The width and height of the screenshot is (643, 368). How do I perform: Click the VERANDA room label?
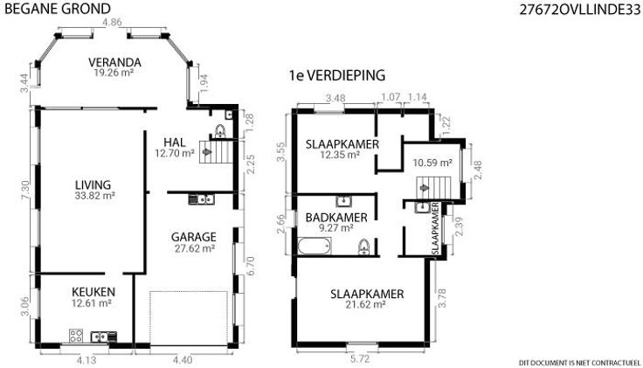pyautogui.click(x=114, y=62)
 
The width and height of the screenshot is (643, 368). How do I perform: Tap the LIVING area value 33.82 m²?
pyautogui.click(x=94, y=196)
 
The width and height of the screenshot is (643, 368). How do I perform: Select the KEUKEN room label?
pyautogui.click(x=93, y=292)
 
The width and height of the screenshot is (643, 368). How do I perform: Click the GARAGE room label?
pyautogui.click(x=194, y=237)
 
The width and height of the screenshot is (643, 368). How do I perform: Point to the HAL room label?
pyautogui.click(x=174, y=142)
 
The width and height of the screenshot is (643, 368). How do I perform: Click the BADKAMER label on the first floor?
pyautogui.click(x=336, y=218)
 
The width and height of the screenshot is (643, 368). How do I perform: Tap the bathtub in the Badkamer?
pyautogui.click(x=315, y=246)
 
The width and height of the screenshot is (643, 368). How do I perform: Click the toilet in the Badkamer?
pyautogui.click(x=363, y=247)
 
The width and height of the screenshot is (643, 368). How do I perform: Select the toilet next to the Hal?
pyautogui.click(x=220, y=131)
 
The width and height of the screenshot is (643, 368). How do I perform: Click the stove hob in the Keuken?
pyautogui.click(x=76, y=336)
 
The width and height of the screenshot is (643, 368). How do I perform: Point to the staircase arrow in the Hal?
pyautogui.click(x=207, y=152)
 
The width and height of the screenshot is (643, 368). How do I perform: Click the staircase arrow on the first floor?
pyautogui.click(x=425, y=188)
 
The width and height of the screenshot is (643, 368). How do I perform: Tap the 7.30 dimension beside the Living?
pyautogui.click(x=25, y=191)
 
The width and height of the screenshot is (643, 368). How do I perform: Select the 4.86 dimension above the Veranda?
pyautogui.click(x=112, y=22)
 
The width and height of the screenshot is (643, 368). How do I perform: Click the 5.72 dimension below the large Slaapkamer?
pyautogui.click(x=360, y=359)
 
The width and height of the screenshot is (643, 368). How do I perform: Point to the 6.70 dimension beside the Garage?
pyautogui.click(x=250, y=266)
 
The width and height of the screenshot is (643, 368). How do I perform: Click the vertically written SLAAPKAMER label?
pyautogui.click(x=435, y=228)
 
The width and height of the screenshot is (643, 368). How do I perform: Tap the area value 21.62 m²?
pyautogui.click(x=365, y=304)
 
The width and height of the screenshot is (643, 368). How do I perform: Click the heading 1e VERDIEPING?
pyautogui.click(x=337, y=75)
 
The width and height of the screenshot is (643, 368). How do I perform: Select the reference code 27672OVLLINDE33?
pyautogui.click(x=579, y=10)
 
